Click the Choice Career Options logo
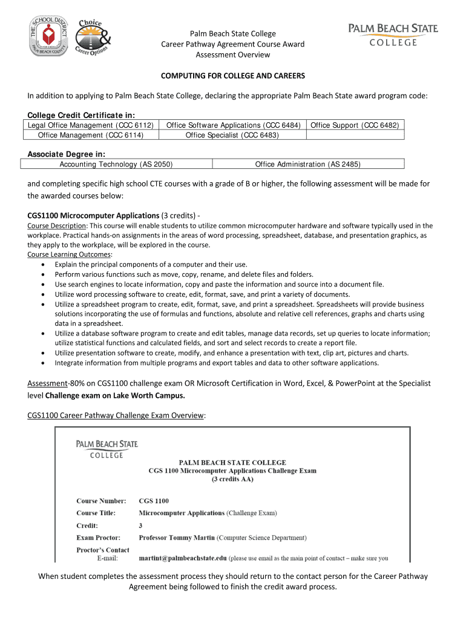(x=94, y=38)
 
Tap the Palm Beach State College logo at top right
(x=393, y=35)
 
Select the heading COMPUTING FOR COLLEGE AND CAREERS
(x=232, y=76)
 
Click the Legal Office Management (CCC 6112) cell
(x=90, y=125)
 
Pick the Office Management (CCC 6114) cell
(x=90, y=135)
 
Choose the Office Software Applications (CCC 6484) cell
(x=233, y=125)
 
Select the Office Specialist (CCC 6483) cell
(x=232, y=135)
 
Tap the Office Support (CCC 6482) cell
(x=355, y=125)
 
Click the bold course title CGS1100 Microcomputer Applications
(x=94, y=215)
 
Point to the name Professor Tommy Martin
(x=177, y=537)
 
